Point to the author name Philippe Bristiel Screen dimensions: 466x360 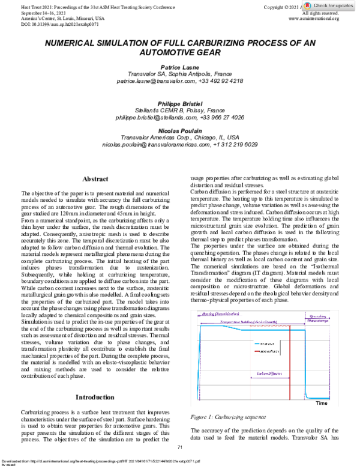(x=179, y=103)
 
